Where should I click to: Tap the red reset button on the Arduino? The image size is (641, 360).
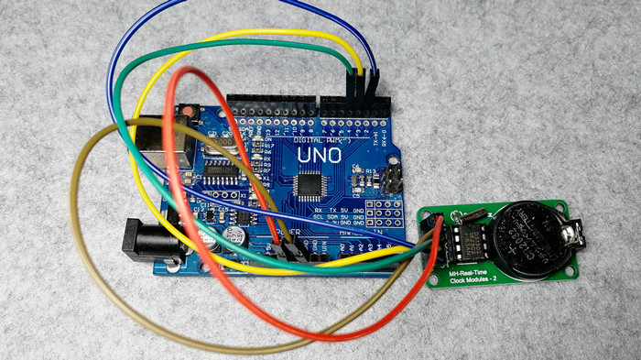(188, 113)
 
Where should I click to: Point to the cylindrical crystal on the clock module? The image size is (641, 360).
(471, 216)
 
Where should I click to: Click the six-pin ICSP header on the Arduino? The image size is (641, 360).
(392, 178)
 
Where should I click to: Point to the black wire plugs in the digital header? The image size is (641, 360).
(364, 86)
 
